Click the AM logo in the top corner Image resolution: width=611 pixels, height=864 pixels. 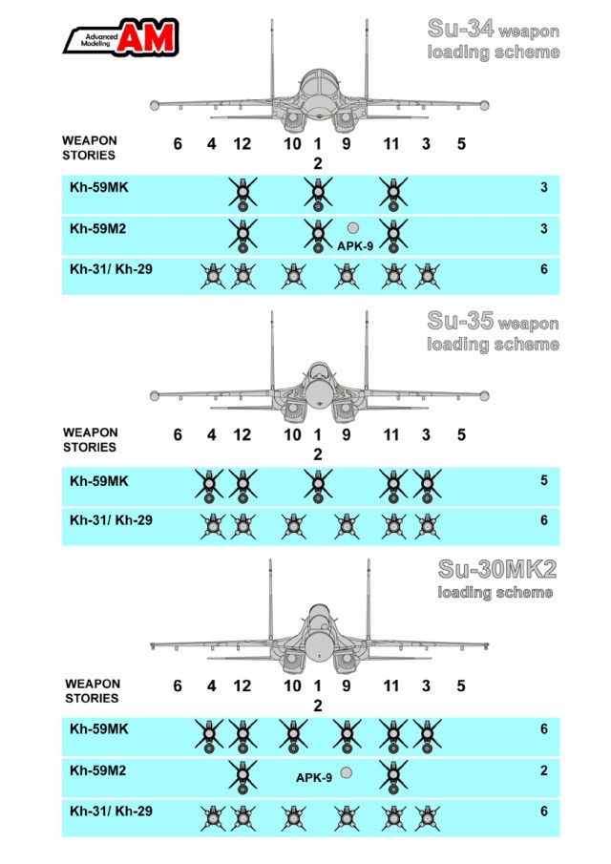point(118,37)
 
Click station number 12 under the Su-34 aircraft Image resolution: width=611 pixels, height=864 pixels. point(242,144)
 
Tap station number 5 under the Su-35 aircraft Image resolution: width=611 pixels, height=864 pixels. point(461,434)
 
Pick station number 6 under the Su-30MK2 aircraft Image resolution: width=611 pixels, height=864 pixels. point(178,685)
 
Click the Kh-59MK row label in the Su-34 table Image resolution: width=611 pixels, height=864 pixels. point(98,187)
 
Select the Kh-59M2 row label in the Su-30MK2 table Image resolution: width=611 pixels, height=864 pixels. point(98,769)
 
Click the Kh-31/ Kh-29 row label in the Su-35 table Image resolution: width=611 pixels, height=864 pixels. point(111,521)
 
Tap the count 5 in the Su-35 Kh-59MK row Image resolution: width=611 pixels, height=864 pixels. point(544,480)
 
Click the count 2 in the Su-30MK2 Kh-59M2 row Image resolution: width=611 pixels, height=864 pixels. point(544,770)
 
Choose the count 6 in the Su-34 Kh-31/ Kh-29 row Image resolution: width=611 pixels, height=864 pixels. point(544,269)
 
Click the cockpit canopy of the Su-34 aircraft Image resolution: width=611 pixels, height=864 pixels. point(318,80)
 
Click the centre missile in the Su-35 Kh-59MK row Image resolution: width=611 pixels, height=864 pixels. point(318,485)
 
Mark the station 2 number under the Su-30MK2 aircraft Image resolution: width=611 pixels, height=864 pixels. point(318,705)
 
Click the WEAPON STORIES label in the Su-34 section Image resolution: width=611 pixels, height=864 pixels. point(90,147)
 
